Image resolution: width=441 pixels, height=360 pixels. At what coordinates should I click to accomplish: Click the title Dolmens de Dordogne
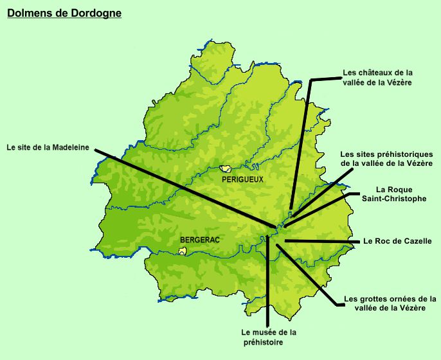coord(64,12)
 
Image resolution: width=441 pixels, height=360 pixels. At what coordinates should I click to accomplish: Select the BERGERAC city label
coord(200,239)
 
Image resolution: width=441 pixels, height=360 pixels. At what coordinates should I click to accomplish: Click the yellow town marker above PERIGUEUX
coord(225,168)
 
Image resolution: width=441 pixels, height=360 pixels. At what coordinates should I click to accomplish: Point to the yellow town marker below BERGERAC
coord(183,251)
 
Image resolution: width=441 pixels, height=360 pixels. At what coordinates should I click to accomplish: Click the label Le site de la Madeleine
coord(48,147)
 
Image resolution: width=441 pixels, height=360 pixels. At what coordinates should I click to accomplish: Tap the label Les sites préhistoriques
coord(386,159)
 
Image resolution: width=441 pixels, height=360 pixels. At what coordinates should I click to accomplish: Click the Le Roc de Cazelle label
coord(397,241)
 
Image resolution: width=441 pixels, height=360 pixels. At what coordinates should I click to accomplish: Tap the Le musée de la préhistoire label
coord(269,337)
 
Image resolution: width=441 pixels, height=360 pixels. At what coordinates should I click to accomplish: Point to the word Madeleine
coord(71,147)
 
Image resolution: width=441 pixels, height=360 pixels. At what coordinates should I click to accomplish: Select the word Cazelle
coord(416,241)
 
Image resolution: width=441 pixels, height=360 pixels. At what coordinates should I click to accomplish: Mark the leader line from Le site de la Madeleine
coord(186,188)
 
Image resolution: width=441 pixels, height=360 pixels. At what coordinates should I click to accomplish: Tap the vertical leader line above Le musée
coord(267,283)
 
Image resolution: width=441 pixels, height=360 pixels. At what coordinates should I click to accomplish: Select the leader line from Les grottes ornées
coord(305,273)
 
